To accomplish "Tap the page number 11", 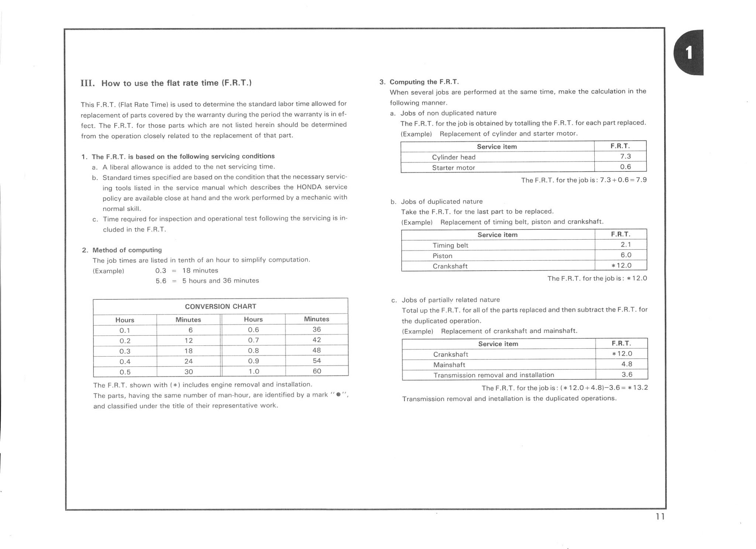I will pos(660,517).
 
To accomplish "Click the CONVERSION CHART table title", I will pos(220,306).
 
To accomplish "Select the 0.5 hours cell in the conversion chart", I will pos(125,372).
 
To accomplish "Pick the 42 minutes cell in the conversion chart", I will pos(316,340).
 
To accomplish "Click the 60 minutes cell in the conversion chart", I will pos(316,371).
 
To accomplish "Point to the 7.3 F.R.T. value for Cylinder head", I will pos(625,156).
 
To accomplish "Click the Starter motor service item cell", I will pos(453,168).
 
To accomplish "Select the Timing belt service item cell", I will pos(450,245).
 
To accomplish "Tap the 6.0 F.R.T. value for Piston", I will pos(626,255).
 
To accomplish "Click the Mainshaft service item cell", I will pos(449,365).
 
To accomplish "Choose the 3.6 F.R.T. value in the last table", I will pos(627,375).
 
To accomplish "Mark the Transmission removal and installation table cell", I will pos(494,375).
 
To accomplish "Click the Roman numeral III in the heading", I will pos(87,83).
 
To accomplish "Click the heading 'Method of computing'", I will pos(127,250).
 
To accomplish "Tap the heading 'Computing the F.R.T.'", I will pos(424,82).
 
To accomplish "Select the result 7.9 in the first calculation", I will pos(641,180).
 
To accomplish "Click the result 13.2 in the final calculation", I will pos(640,388).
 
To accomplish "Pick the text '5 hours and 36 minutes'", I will pos(220,281).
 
